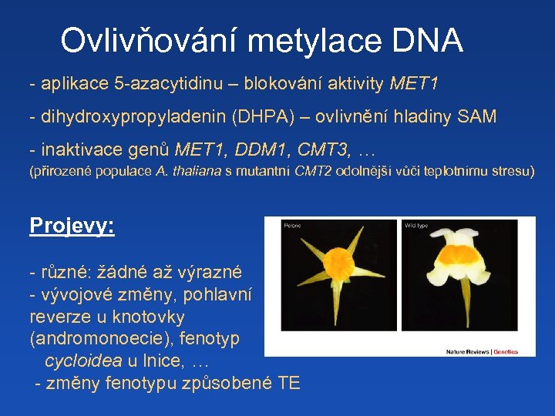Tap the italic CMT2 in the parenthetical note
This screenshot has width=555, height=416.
313,171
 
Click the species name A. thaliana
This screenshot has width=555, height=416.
188,171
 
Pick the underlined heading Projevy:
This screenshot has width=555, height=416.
72,226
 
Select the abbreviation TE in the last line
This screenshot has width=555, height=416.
288,383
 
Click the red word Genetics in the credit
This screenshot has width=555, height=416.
506,352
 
